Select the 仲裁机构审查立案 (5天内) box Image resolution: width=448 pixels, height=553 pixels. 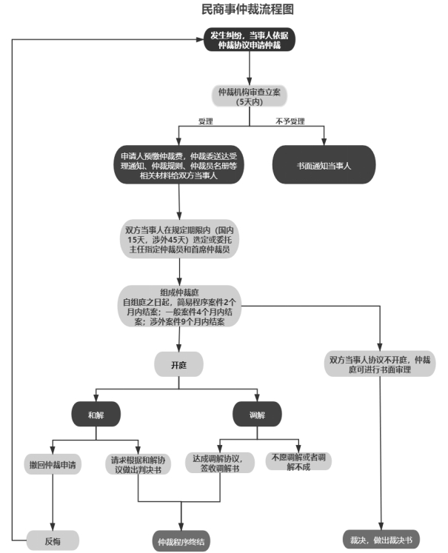tap(250, 96)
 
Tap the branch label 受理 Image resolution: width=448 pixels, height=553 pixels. tap(205, 121)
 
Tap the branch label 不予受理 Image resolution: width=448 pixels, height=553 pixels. tap(290, 121)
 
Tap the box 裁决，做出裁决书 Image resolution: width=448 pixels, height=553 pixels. tap(380, 539)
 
